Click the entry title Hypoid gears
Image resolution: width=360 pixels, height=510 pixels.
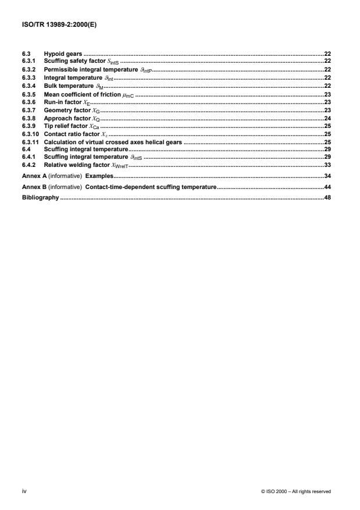coord(63,54)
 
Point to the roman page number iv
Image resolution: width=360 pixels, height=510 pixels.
coord(24,491)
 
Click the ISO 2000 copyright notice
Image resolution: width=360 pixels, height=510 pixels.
coord(296,491)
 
